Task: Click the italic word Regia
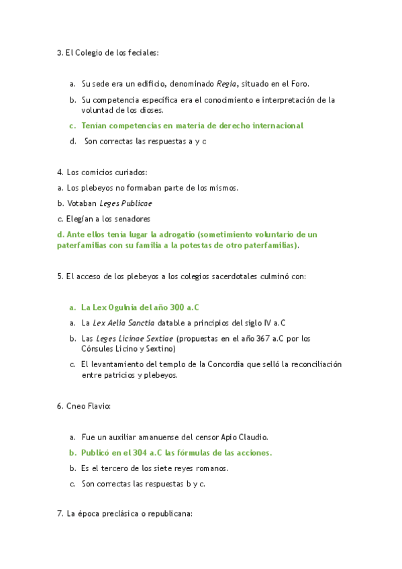[x=227, y=84]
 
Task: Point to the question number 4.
[x=60, y=172]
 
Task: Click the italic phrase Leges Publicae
[x=126, y=203]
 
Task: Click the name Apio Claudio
[x=239, y=437]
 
